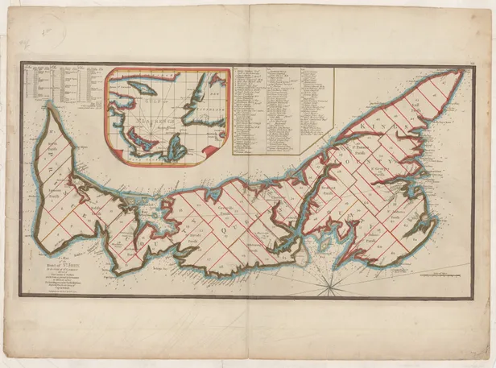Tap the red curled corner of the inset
pyautogui.click(x=214, y=150)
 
